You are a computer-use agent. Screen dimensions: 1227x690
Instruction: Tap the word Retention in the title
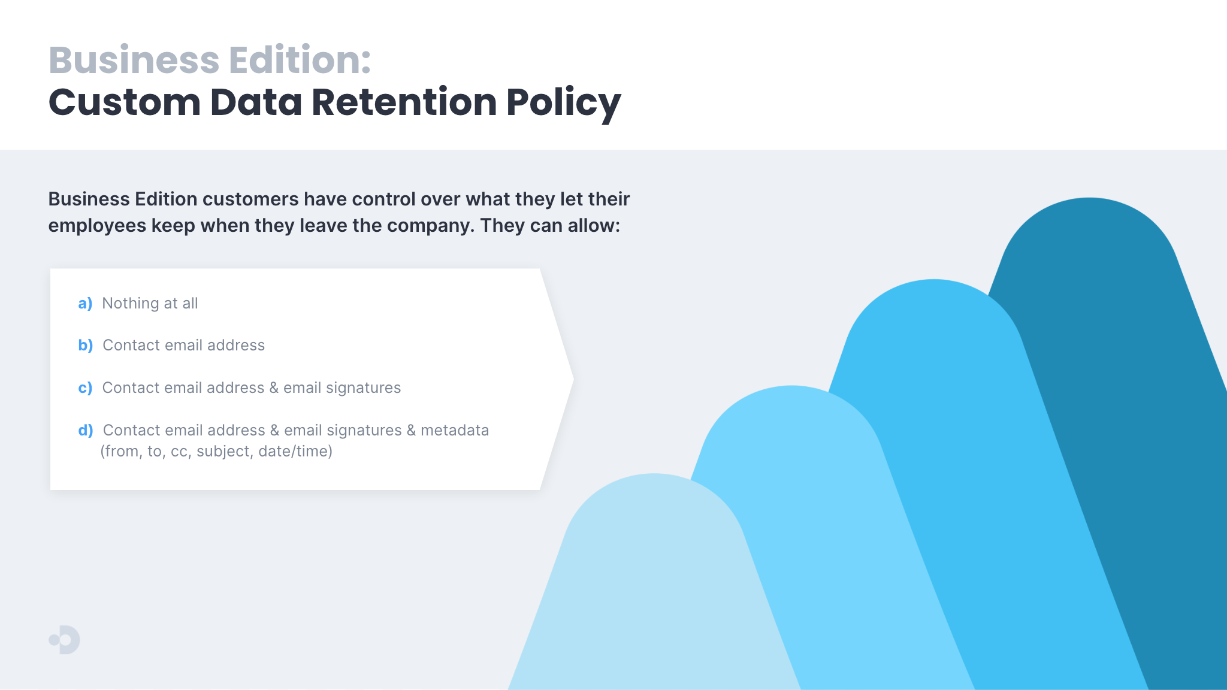click(404, 102)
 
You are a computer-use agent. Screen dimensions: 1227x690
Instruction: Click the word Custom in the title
click(125, 102)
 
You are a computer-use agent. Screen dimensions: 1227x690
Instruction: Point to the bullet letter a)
click(85, 303)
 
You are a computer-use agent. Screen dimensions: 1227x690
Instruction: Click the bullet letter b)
click(86, 345)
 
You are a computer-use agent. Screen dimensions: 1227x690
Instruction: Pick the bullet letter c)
click(85, 388)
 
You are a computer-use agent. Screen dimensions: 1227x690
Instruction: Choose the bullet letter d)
click(86, 430)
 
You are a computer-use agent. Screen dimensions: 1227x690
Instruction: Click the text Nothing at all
click(150, 303)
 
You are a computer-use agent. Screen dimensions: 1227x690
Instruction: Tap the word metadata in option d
click(455, 430)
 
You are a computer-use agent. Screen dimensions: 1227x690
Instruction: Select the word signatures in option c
click(364, 388)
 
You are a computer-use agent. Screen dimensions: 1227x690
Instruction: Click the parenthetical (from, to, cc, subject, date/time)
click(216, 451)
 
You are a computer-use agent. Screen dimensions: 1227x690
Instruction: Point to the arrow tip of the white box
click(573, 379)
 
